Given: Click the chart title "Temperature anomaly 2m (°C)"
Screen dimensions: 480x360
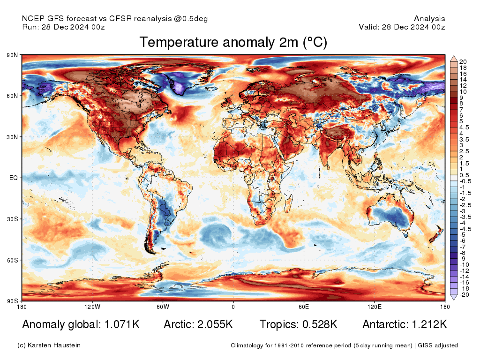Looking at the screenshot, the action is click(233, 42).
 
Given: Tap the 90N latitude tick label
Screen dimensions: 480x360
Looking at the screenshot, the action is click(12, 55).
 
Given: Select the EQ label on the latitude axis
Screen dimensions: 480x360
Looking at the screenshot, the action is click(14, 178).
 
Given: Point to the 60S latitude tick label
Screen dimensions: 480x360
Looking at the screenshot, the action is click(12, 260).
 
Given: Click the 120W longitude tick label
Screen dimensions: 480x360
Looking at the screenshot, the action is click(92, 307).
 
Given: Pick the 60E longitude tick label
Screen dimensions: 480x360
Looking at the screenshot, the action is click(304, 307).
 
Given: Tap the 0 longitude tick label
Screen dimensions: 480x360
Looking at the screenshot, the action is click(233, 307).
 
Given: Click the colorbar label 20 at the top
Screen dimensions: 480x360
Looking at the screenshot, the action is click(463, 62).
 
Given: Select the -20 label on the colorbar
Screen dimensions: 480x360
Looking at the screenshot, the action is click(464, 295).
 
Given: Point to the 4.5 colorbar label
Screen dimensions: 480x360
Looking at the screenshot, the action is click(464, 127).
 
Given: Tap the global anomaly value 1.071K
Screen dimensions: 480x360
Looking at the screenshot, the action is click(122, 324).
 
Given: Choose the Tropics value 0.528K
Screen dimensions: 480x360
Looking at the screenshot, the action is click(320, 324).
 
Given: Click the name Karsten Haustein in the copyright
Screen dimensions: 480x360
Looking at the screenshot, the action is click(54, 345).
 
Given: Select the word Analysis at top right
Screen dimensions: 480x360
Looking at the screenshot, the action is click(429, 19).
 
